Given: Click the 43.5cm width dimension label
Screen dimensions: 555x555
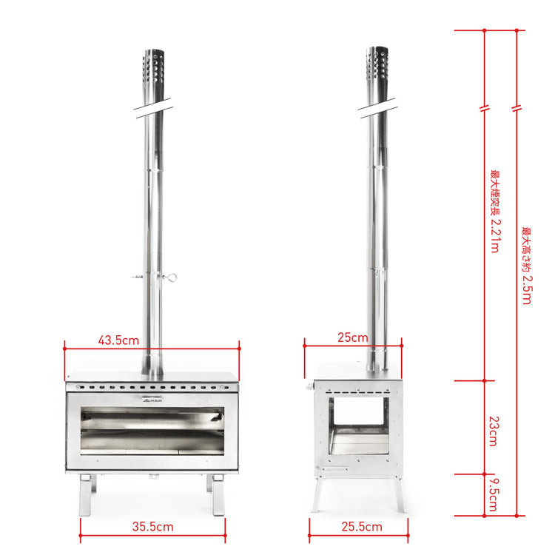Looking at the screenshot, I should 118,340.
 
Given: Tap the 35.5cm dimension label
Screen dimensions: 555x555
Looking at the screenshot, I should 152,527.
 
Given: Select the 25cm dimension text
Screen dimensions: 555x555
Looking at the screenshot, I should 353,337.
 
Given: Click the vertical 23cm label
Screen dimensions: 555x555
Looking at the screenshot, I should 494,430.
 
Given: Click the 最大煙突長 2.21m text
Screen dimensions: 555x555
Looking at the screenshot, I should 494,211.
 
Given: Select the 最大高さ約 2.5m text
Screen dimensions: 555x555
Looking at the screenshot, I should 526,266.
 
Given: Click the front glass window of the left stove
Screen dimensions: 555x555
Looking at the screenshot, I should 152,431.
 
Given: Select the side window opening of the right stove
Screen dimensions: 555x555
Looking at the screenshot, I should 359,425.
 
